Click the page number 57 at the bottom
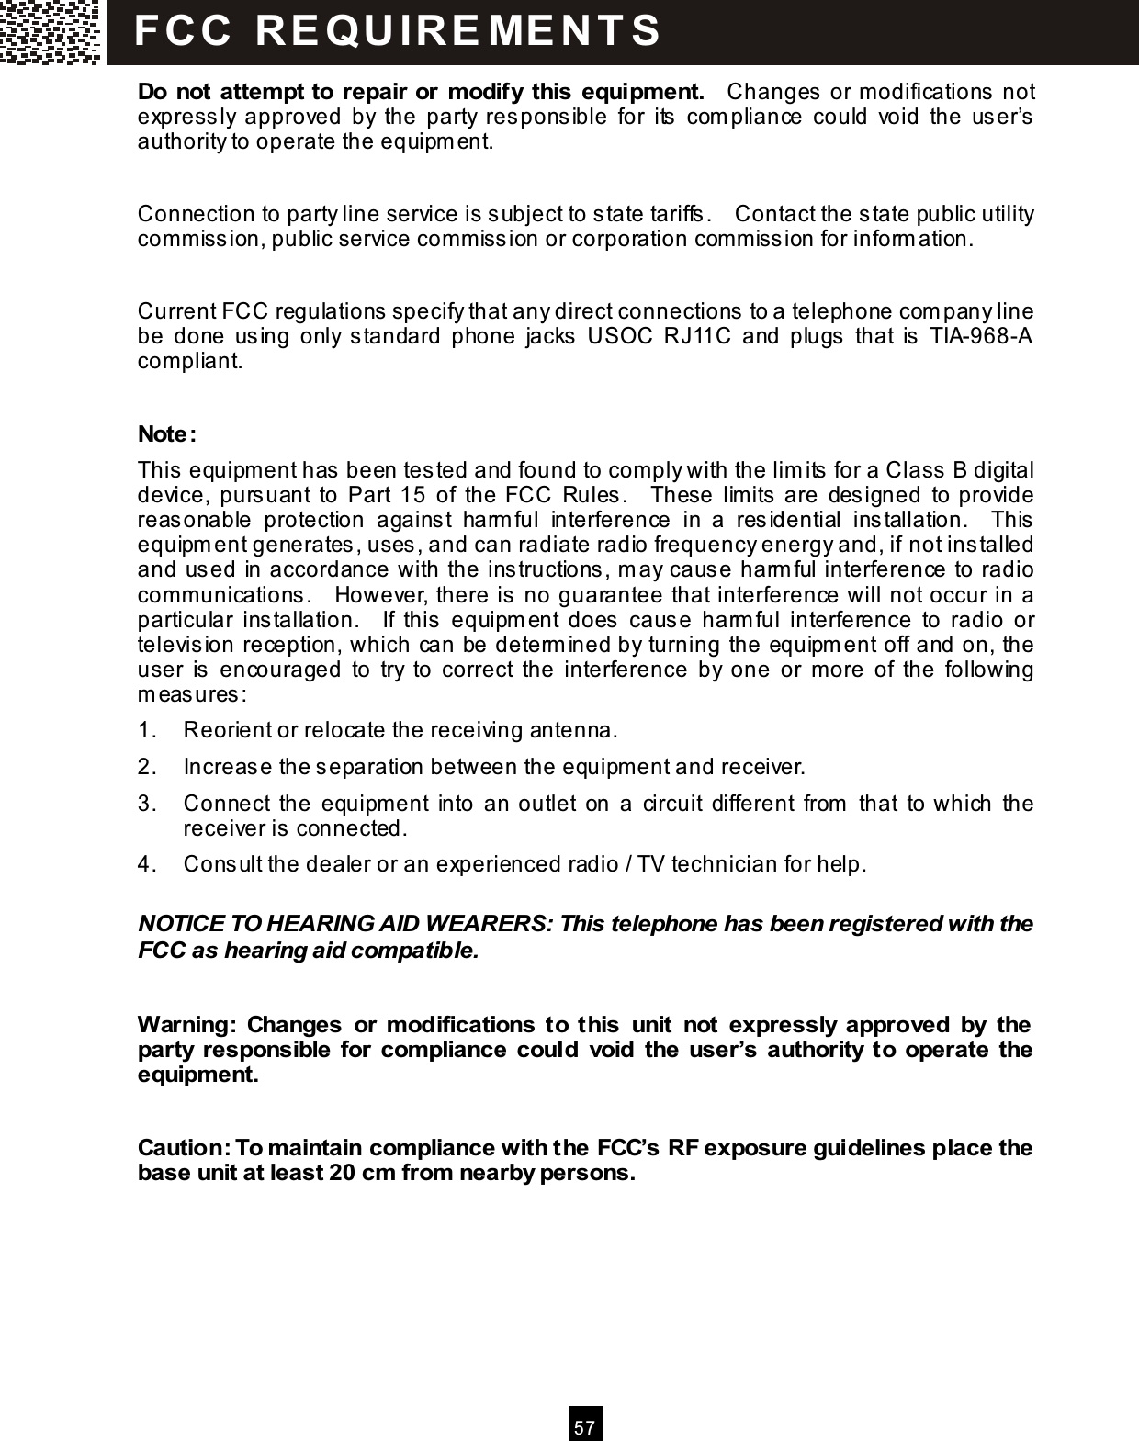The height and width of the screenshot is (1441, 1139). tap(585, 1428)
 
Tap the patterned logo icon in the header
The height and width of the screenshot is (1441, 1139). tap(51, 32)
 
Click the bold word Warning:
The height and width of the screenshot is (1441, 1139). tap(187, 1024)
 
